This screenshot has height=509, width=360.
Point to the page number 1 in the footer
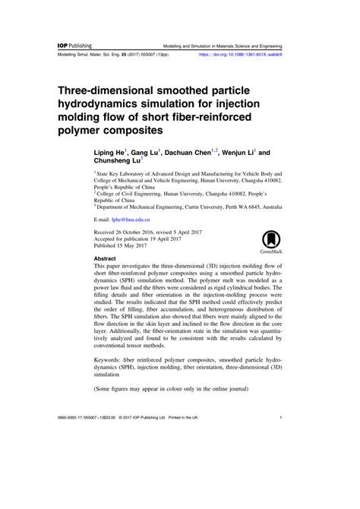[281, 460]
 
